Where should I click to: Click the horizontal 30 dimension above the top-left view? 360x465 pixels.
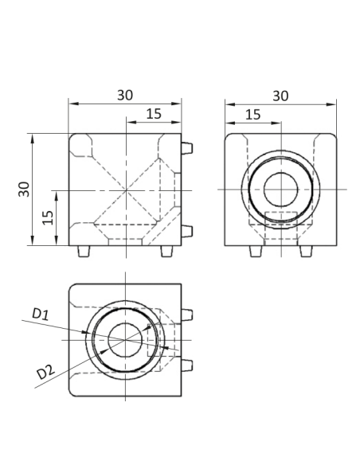tap(125, 95)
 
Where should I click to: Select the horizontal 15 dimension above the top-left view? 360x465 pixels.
tap(154, 114)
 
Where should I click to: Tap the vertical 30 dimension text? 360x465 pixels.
tap(25, 189)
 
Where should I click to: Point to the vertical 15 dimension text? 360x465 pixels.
tap(48, 217)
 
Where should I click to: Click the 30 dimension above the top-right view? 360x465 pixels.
tap(280, 95)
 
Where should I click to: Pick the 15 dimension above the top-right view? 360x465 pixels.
tap(252, 114)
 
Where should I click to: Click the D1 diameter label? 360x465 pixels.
tap(41, 315)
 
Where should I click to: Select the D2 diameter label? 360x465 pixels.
tap(45, 371)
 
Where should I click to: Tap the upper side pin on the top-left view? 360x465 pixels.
tap(187, 148)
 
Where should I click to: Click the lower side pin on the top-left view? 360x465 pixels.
tap(187, 232)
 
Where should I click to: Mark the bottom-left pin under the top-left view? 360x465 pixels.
tap(84, 251)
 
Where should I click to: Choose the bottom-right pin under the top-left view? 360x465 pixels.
tap(166, 251)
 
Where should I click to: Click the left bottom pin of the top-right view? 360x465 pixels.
tap(255, 251)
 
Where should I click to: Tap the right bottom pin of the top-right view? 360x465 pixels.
tap(304, 251)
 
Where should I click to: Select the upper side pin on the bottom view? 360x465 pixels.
tap(187, 314)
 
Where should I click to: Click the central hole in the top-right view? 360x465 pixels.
tap(280, 190)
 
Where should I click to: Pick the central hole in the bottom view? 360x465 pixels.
tap(125, 340)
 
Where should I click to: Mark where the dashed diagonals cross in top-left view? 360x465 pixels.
tap(125, 190)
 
